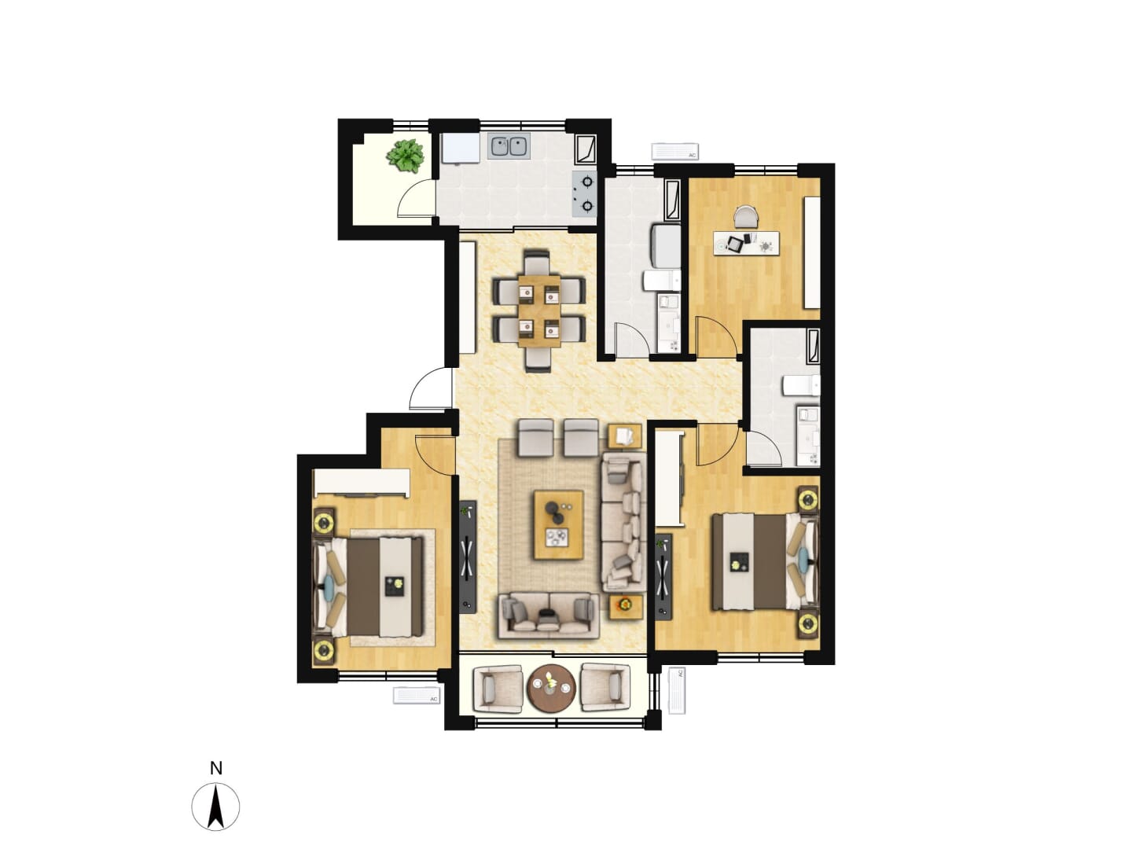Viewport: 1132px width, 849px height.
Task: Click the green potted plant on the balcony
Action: [x=406, y=155]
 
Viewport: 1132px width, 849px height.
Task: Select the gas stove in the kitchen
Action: [x=585, y=194]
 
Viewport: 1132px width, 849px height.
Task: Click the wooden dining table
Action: [x=539, y=311]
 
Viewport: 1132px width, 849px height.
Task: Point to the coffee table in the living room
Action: [x=559, y=524]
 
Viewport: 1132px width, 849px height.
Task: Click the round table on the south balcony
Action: [x=551, y=689]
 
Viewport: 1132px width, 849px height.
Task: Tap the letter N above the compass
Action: [x=215, y=769]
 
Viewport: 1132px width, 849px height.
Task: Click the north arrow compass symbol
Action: [x=215, y=807]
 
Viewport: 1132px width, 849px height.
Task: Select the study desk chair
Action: [x=746, y=216]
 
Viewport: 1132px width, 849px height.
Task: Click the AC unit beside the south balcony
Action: [x=677, y=690]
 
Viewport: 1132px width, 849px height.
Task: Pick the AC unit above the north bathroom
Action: [x=674, y=151]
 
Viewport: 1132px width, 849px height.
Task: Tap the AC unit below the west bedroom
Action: [x=417, y=695]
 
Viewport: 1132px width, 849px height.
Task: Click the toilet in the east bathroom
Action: [x=801, y=385]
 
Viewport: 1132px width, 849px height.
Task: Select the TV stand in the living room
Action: [x=468, y=557]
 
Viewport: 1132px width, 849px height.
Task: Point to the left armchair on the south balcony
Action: [x=497, y=689]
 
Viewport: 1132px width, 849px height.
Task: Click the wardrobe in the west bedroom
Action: [x=362, y=483]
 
